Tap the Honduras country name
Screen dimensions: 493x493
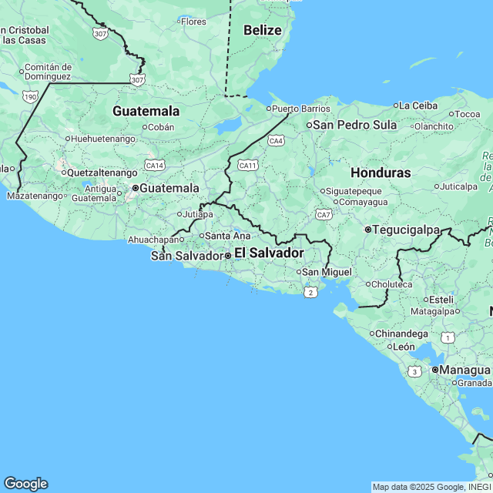click(381, 173)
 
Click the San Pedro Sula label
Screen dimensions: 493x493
click(354, 125)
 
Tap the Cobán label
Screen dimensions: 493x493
click(160, 127)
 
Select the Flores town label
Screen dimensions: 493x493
click(193, 22)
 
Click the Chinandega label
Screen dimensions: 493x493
click(401, 334)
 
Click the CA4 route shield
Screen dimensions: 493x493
click(276, 141)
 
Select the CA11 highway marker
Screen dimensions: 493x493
click(247, 165)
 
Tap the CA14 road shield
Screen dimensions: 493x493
click(155, 165)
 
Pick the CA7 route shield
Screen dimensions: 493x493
click(324, 214)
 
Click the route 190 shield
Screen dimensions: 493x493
click(30, 96)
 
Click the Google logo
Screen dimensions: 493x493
click(25, 484)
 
